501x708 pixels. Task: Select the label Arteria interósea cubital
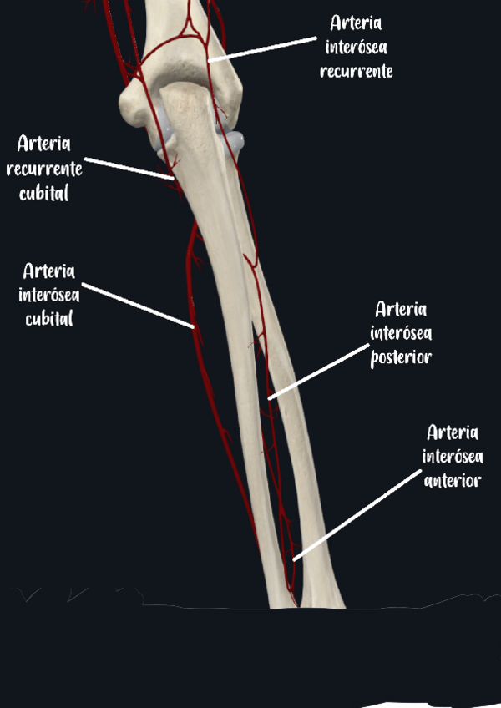[48, 295]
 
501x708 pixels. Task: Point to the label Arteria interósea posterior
[401, 333]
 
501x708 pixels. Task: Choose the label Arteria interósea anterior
[452, 457]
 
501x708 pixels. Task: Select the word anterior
[452, 481]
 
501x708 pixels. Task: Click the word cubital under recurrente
[43, 194]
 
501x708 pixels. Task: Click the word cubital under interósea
[48, 319]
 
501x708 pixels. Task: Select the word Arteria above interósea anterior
[452, 432]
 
